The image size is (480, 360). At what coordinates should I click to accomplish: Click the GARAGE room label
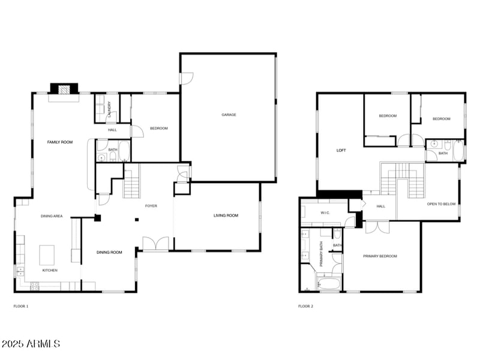coord(229,115)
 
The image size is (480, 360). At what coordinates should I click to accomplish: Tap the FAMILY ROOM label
coord(60,142)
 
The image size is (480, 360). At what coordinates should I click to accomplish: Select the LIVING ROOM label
coord(226,215)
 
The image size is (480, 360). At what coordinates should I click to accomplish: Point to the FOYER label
coord(151,206)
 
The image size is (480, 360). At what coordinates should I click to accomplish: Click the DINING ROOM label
coord(109,252)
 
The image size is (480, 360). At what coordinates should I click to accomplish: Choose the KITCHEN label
coord(50,271)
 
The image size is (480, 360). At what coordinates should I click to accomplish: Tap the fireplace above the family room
coord(64,88)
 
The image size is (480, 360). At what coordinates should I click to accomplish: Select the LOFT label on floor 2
coord(341,151)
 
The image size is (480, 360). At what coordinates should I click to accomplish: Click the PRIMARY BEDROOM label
coord(380,256)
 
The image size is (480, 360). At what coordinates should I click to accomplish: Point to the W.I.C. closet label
coord(326,212)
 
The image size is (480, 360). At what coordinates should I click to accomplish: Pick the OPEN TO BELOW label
coord(442,204)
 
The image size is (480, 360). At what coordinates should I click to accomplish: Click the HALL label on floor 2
coord(381,206)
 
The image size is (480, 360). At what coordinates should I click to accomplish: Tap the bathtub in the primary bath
coord(328,283)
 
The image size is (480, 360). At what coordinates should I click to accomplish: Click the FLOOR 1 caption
coord(21,306)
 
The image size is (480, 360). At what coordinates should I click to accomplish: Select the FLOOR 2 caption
coord(305,306)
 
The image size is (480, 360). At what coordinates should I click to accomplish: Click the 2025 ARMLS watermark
coord(31,344)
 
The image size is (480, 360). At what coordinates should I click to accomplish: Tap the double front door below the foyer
coord(155,244)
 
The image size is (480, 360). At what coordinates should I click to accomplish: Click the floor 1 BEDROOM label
coord(159,128)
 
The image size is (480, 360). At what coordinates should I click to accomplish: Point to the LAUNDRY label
coord(110,109)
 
